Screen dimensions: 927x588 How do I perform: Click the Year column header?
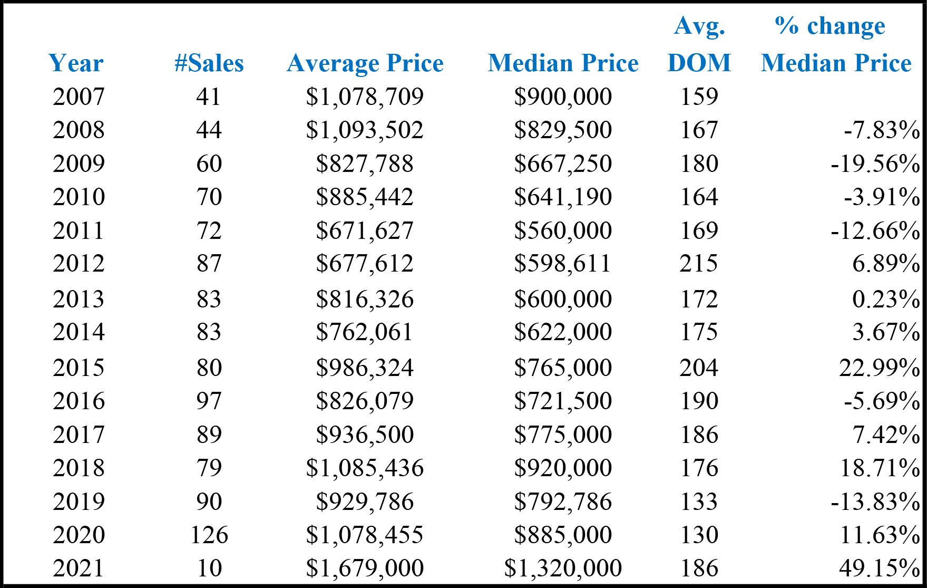[76, 63]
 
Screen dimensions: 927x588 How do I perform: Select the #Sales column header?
[209, 63]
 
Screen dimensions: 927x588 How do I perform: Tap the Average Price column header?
[365, 64]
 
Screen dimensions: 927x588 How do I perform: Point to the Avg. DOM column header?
[699, 44]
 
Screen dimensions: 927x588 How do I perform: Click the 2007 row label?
[79, 97]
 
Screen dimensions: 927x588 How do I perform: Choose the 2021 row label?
[79, 568]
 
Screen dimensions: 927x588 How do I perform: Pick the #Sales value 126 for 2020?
[209, 535]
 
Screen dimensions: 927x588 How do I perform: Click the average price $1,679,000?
[365, 568]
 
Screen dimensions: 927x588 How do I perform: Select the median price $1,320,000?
[563, 568]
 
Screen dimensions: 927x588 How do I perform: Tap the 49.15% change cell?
[880, 568]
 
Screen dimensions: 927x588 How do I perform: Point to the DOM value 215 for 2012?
[699, 263]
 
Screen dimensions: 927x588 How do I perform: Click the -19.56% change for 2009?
[875, 163]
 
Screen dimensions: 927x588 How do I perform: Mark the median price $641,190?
[563, 197]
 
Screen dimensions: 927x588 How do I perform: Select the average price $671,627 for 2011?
[365, 231]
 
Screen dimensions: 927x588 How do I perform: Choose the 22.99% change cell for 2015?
[880, 368]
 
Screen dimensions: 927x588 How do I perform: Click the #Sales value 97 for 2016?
[209, 401]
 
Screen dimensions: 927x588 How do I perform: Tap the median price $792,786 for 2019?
[563, 502]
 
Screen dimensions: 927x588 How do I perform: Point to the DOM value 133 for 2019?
[699, 501]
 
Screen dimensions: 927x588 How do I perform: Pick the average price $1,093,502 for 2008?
[365, 130]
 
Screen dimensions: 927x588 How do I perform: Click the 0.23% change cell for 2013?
[886, 299]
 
